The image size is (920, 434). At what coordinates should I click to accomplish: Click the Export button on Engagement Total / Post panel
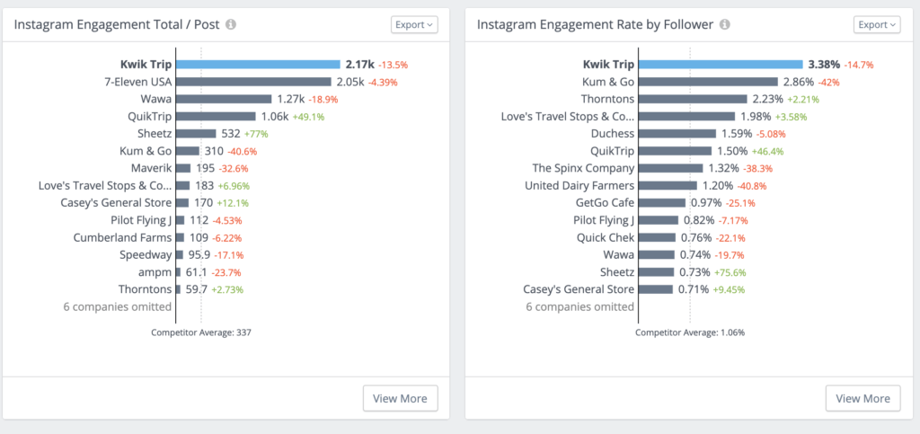coord(414,24)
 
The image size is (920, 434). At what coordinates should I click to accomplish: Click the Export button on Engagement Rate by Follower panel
coord(876,24)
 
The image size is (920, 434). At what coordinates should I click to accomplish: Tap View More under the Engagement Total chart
coord(401,398)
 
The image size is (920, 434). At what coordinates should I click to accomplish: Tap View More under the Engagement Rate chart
coord(862,398)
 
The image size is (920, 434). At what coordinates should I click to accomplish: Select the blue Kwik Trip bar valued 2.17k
coord(258,65)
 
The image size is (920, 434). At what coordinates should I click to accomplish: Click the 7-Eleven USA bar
coord(252,82)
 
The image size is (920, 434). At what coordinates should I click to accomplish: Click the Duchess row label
coord(612,134)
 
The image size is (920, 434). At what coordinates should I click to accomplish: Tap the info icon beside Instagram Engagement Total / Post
coord(231,24)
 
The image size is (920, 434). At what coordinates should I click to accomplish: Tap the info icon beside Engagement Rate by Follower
coord(725,24)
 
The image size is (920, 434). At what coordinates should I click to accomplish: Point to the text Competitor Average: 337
coord(200,332)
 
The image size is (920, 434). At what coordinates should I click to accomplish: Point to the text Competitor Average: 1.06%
coord(690,332)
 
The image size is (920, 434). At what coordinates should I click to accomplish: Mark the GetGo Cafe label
coord(604,203)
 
